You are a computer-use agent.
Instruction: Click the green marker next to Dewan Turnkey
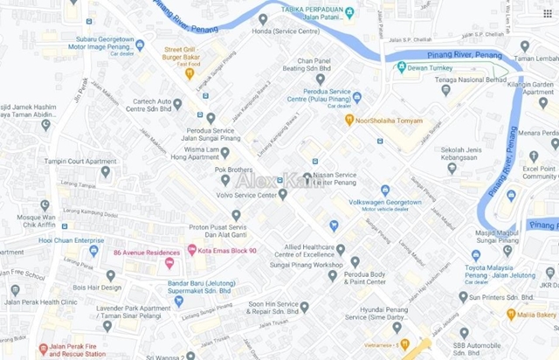click(x=401, y=66)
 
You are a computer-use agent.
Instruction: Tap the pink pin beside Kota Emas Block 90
click(x=192, y=251)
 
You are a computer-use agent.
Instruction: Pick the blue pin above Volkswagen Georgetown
click(x=385, y=190)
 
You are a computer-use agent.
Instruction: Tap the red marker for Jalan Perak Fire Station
click(x=43, y=349)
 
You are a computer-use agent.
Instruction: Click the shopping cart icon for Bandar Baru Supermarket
click(x=179, y=301)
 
